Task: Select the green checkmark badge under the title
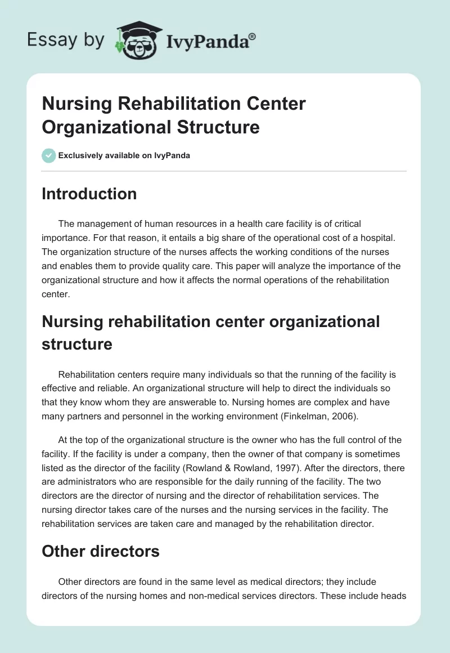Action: [x=49, y=155]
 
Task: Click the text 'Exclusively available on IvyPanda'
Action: [x=124, y=155]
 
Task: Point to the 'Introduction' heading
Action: [x=89, y=194]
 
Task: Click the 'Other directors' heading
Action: [x=101, y=551]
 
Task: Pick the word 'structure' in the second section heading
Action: [x=77, y=344]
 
